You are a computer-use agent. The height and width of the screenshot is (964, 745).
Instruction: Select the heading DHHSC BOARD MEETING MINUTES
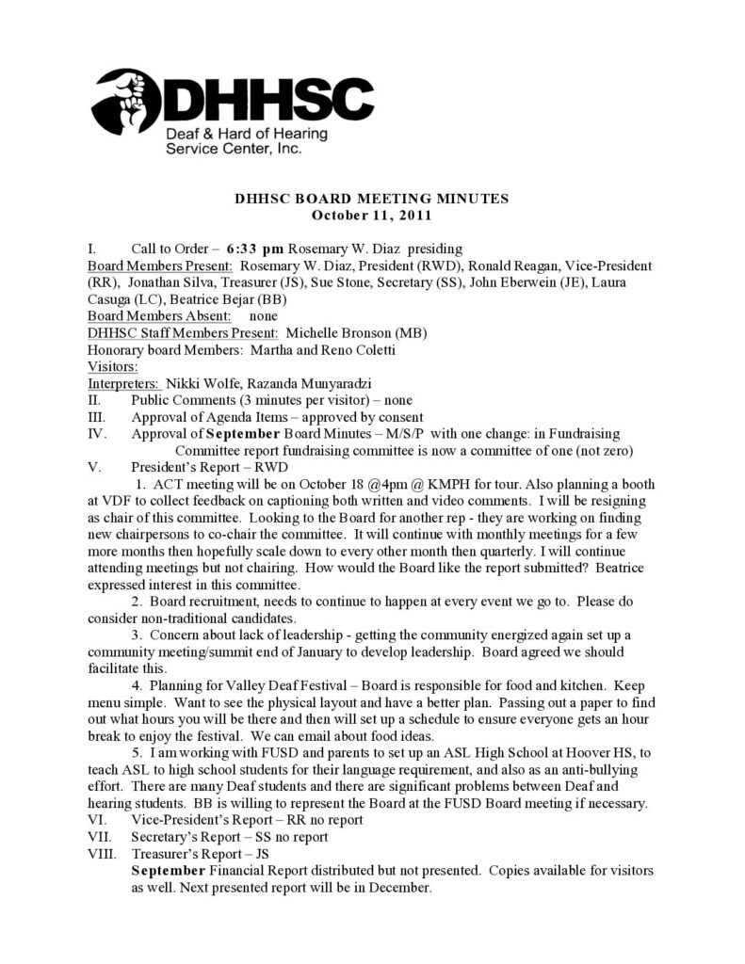pyautogui.click(x=371, y=199)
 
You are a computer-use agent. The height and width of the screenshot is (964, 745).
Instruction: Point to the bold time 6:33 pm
pyautogui.click(x=255, y=249)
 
